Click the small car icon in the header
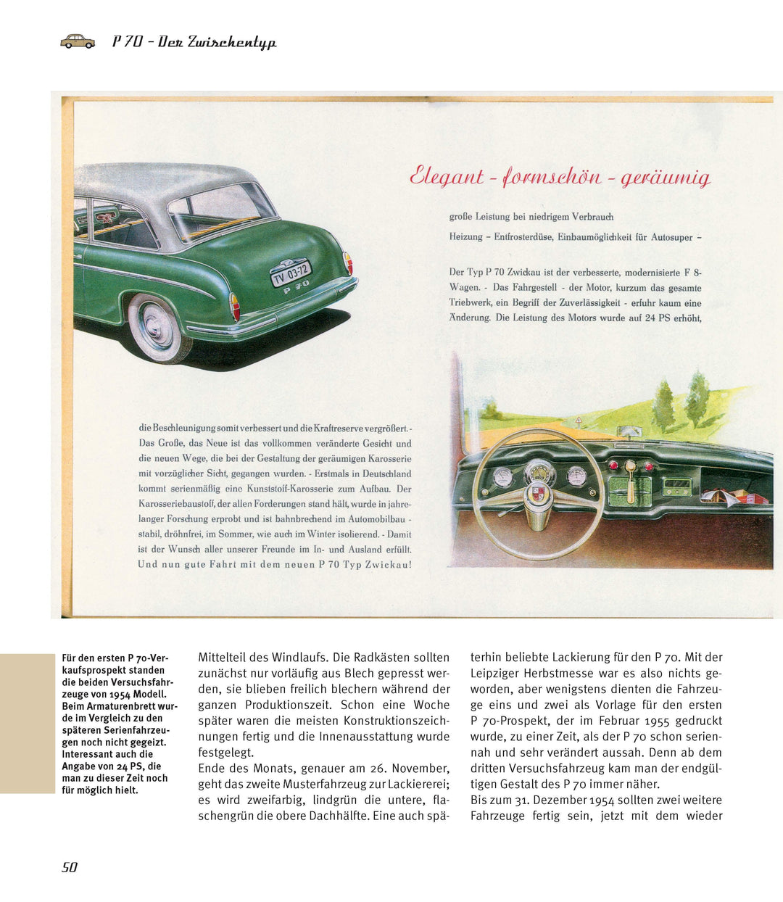[x=77, y=41]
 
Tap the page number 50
[x=70, y=867]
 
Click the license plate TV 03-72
[x=291, y=273]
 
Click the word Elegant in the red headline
[x=446, y=176]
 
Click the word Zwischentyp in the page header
[x=232, y=42]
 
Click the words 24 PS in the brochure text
[x=660, y=318]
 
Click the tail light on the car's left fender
[x=235, y=307]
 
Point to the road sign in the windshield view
[x=578, y=421]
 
